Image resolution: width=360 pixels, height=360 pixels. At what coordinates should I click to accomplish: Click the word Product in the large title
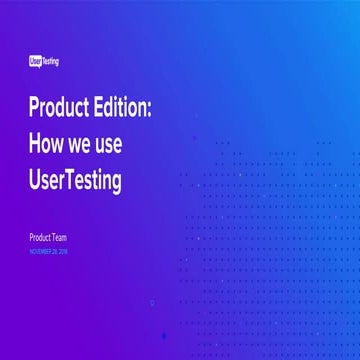pyautogui.click(x=58, y=109)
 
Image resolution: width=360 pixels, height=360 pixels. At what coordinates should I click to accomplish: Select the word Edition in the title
pyautogui.click(x=121, y=109)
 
